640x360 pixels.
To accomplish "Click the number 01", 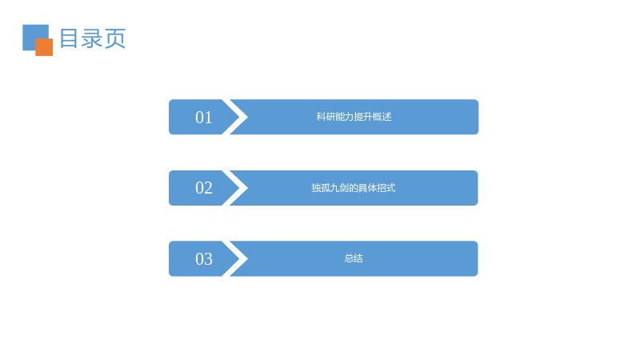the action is (x=204, y=118).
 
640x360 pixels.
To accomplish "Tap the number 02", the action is (x=204, y=188).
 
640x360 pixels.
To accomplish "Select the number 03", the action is (x=204, y=259).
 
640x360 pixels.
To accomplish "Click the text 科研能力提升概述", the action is (x=354, y=117).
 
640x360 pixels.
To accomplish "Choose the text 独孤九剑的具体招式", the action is (x=354, y=188).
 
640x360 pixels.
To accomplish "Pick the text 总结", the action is (x=354, y=258).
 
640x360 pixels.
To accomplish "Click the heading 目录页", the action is (x=93, y=38).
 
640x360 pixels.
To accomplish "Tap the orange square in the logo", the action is (x=44, y=47).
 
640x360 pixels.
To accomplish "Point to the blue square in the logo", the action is (x=33, y=35).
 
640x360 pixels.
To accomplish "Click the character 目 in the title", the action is (x=69, y=38).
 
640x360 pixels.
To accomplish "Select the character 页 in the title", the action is (x=115, y=38).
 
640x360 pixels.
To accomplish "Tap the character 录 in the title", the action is (x=92, y=38).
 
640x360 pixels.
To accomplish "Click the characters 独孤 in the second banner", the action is (x=321, y=188).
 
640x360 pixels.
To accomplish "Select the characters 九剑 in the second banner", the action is (x=339, y=188).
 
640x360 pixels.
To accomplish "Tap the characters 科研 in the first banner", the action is (x=326, y=117).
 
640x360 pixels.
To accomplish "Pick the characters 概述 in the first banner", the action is (x=382, y=117).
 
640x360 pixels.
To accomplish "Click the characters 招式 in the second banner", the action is (x=386, y=188).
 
